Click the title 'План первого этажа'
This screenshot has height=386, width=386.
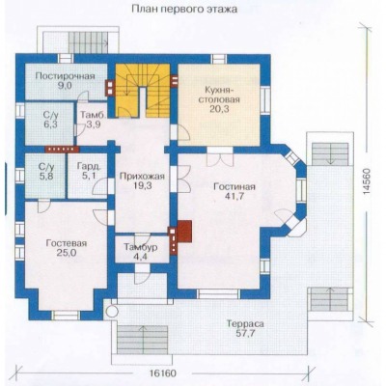[x=184, y=9]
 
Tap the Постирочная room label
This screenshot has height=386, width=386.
[x=66, y=76]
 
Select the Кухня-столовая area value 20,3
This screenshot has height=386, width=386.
[x=218, y=109]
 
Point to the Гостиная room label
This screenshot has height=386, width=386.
[x=234, y=187]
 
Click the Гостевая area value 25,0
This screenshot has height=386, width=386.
[x=67, y=253]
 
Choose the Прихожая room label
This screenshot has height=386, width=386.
[x=142, y=176]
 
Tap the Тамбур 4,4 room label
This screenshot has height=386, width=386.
[x=141, y=252]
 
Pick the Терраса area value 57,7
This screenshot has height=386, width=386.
[x=245, y=333]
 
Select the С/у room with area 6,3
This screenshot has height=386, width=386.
[x=49, y=124]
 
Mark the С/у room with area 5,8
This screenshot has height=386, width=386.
[x=45, y=176]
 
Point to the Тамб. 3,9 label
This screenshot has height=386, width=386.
[x=92, y=120]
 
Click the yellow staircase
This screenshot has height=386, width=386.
[x=143, y=91]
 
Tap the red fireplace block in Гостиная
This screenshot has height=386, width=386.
[x=184, y=231]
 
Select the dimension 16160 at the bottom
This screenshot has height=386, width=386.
[x=163, y=373]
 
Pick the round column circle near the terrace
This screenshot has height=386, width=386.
[x=112, y=312]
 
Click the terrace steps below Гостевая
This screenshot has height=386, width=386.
[x=143, y=340]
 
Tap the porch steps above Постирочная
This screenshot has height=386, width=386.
[x=88, y=42]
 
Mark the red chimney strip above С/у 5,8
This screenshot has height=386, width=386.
[x=62, y=149]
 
